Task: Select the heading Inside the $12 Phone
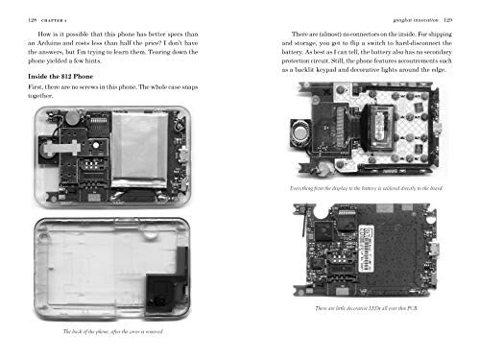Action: tap(67, 76)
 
